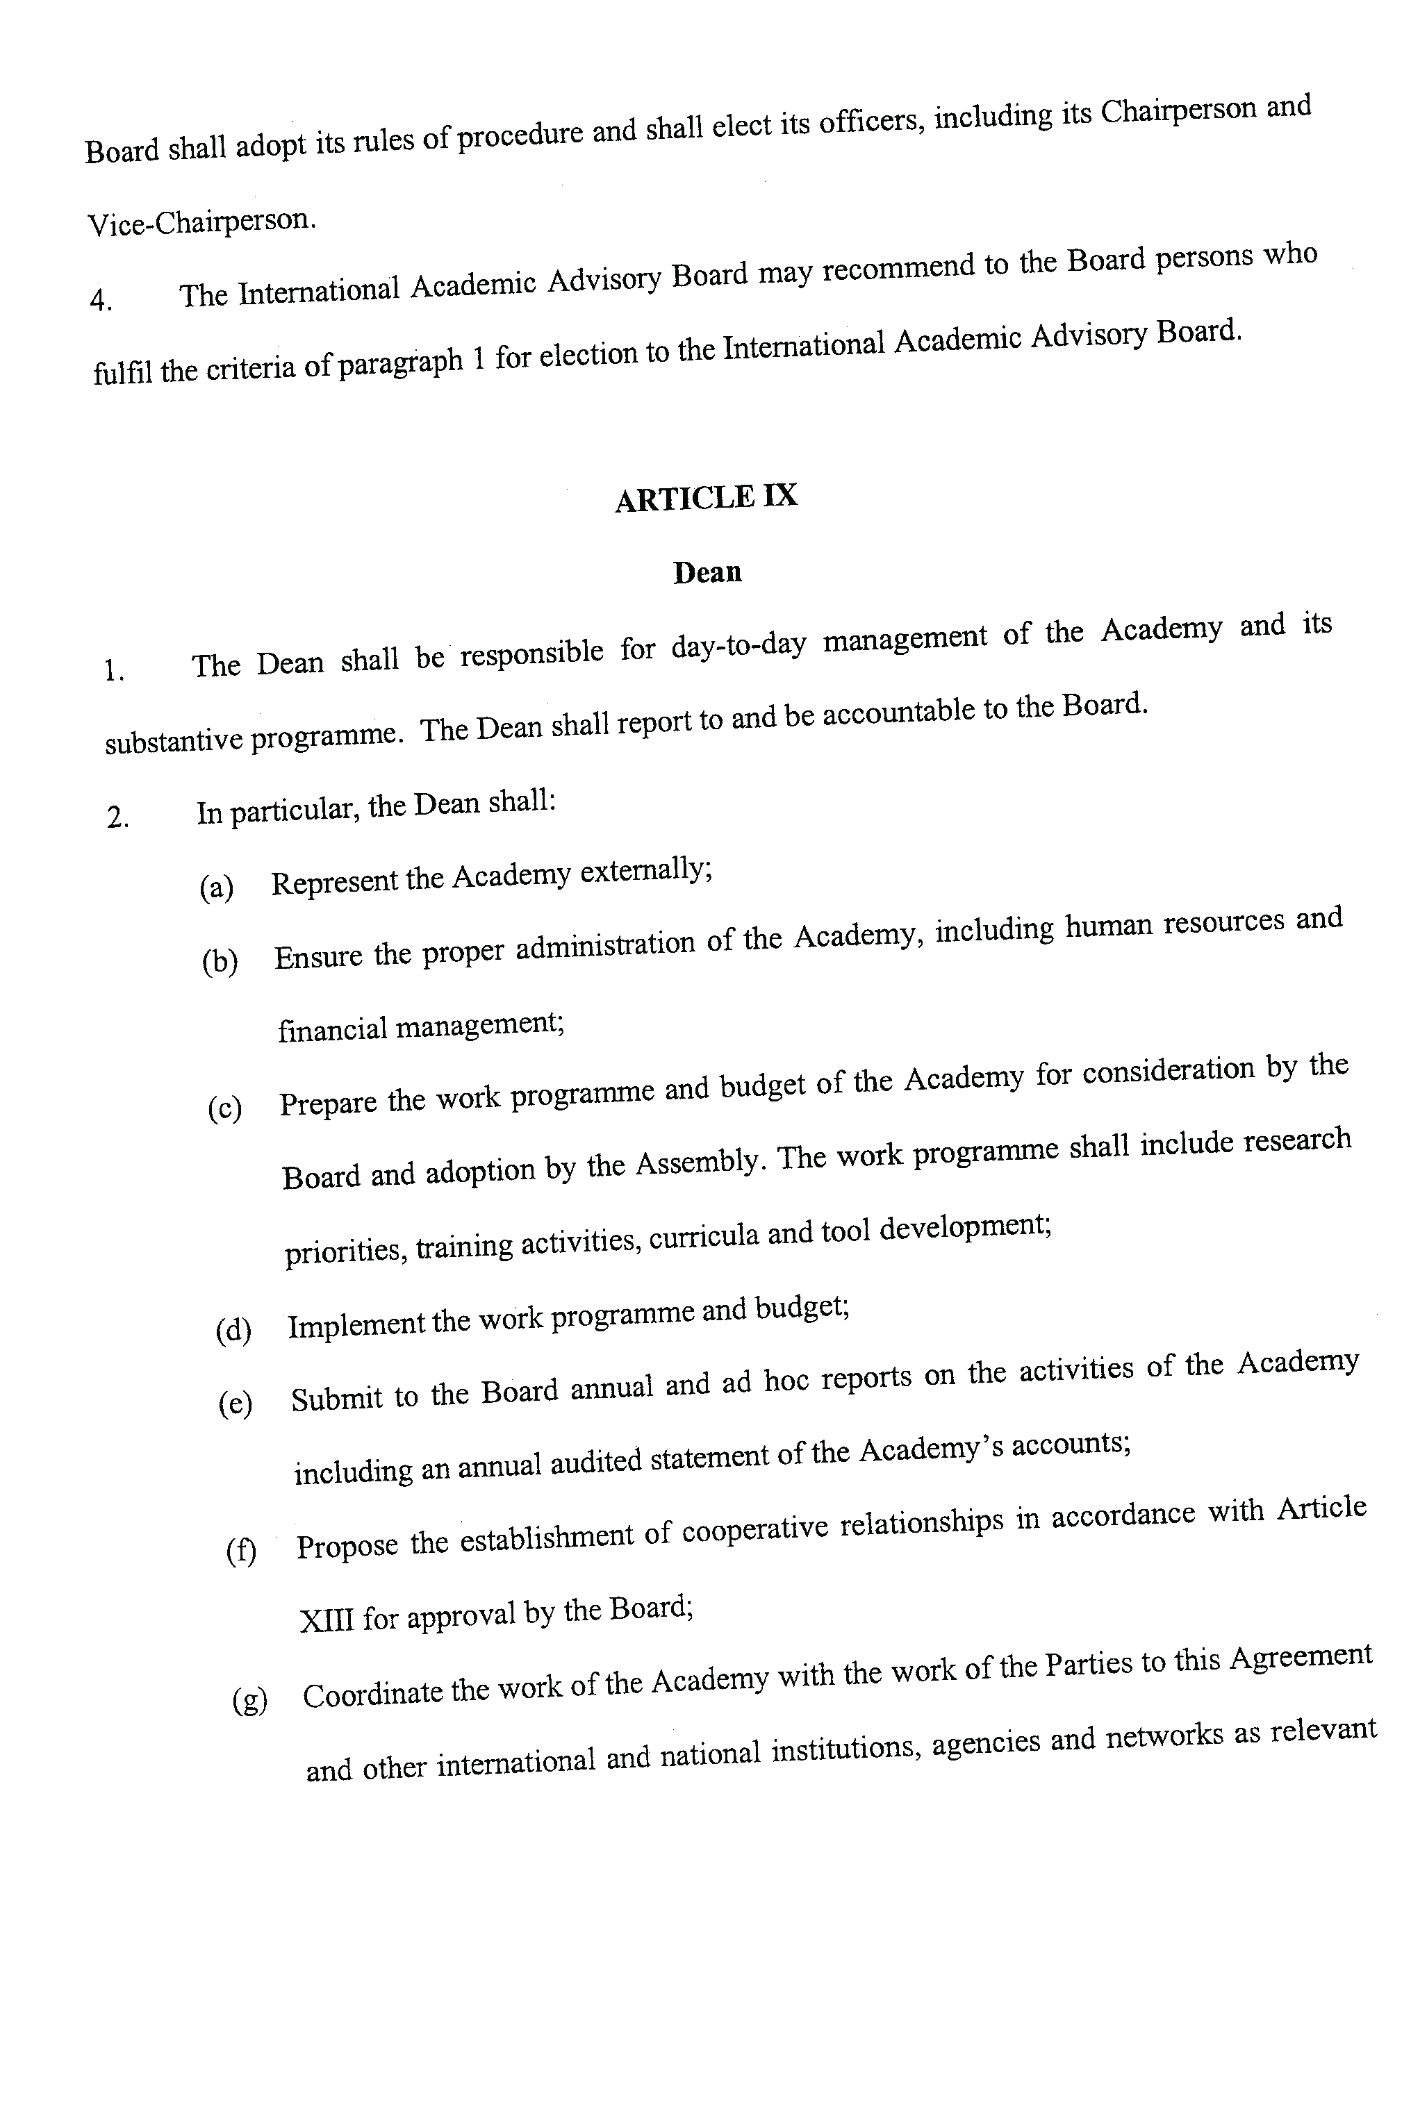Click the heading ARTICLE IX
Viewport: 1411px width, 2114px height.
tap(706, 497)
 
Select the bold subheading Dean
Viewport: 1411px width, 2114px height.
tap(707, 572)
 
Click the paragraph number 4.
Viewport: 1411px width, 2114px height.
tap(100, 299)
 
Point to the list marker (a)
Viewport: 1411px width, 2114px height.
tap(216, 888)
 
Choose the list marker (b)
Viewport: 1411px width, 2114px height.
tap(220, 962)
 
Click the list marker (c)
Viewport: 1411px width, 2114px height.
tap(224, 1109)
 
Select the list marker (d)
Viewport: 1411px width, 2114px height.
tap(232, 1329)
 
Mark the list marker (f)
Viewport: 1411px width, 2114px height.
tap(241, 1550)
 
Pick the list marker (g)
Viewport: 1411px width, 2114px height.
tap(249, 1699)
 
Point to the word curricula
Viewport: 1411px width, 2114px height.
tap(704, 1237)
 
